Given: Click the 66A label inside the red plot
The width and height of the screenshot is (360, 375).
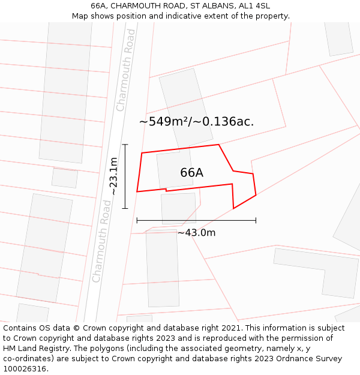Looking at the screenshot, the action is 191,173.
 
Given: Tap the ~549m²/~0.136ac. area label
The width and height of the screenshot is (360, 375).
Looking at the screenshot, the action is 196,121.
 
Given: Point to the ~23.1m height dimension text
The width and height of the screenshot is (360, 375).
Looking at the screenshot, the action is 113,176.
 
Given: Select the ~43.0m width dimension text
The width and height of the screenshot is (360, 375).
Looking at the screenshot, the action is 196,233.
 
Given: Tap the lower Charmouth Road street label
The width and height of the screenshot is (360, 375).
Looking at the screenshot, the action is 101,241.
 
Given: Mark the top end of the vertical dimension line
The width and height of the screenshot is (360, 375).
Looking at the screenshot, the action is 125,145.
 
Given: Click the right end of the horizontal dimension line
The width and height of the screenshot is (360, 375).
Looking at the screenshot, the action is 256,220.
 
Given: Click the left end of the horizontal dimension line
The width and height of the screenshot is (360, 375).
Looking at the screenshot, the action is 137,220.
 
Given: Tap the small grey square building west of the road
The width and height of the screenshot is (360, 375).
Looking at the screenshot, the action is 65,178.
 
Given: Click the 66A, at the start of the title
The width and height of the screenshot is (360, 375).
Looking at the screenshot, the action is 99,6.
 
